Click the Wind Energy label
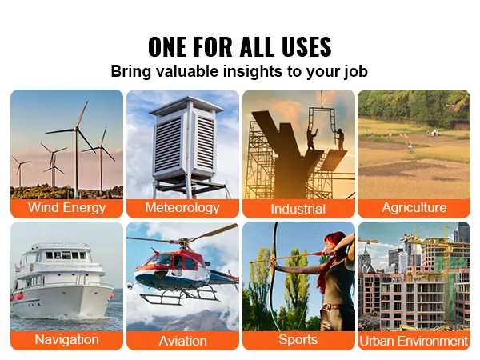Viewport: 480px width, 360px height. point(66,207)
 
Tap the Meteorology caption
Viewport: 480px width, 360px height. point(182,207)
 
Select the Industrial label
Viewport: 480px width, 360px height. point(298,209)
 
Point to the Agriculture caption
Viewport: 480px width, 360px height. point(414,207)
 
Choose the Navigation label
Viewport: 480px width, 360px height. point(66,339)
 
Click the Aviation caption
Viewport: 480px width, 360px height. point(182,341)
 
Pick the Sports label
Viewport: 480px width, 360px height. point(298,340)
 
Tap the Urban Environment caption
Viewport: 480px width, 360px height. point(414,341)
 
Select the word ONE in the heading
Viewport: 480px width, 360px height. point(167,46)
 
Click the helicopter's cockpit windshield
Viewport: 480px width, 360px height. point(162,260)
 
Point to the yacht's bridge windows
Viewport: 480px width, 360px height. point(66,255)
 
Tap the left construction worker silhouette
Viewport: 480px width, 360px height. point(311,139)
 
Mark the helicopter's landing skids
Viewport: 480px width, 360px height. point(179,297)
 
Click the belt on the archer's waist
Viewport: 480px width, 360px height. point(331,307)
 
